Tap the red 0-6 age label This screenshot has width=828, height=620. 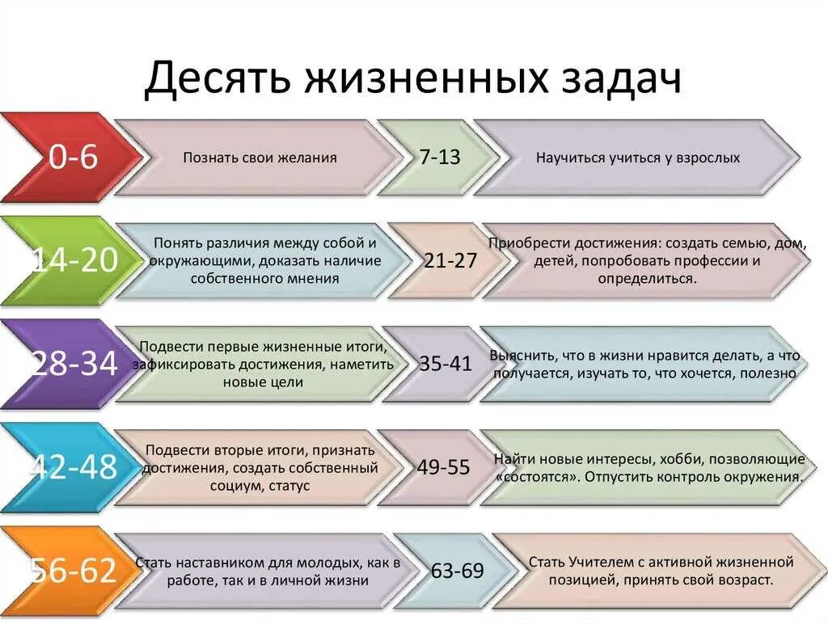[x=73, y=158]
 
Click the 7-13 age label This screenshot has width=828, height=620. [x=440, y=158]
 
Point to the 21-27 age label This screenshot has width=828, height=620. [x=450, y=260]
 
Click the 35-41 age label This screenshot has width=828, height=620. [x=446, y=364]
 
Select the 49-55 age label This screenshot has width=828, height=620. [x=444, y=467]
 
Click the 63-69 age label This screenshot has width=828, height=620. [x=457, y=571]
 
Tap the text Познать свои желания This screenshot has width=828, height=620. [x=260, y=158]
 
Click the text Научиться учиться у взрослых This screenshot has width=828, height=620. [x=638, y=158]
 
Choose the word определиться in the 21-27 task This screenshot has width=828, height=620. [x=646, y=278]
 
